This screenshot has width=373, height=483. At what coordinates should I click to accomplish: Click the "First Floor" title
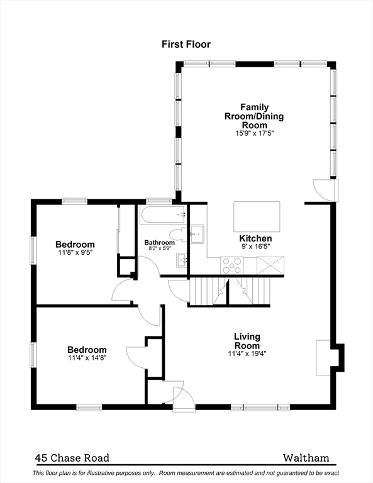186,45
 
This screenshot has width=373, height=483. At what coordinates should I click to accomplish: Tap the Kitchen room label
255,238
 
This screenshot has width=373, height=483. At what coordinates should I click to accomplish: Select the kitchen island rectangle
257,216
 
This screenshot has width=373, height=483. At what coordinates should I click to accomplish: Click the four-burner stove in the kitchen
231,265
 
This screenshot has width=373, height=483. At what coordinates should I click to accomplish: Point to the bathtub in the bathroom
163,214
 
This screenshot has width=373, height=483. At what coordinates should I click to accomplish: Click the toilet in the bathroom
179,235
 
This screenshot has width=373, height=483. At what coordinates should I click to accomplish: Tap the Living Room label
247,341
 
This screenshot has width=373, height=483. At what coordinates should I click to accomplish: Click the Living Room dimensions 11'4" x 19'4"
247,353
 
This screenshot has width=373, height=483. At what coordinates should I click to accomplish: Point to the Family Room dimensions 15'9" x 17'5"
254,133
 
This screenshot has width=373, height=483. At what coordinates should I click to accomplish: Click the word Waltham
306,458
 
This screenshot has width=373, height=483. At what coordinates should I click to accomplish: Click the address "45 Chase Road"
72,458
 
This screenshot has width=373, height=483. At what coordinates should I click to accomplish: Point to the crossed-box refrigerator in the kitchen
270,265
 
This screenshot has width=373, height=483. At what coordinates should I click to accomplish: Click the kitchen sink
197,235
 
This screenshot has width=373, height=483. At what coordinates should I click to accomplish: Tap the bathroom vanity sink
182,260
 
